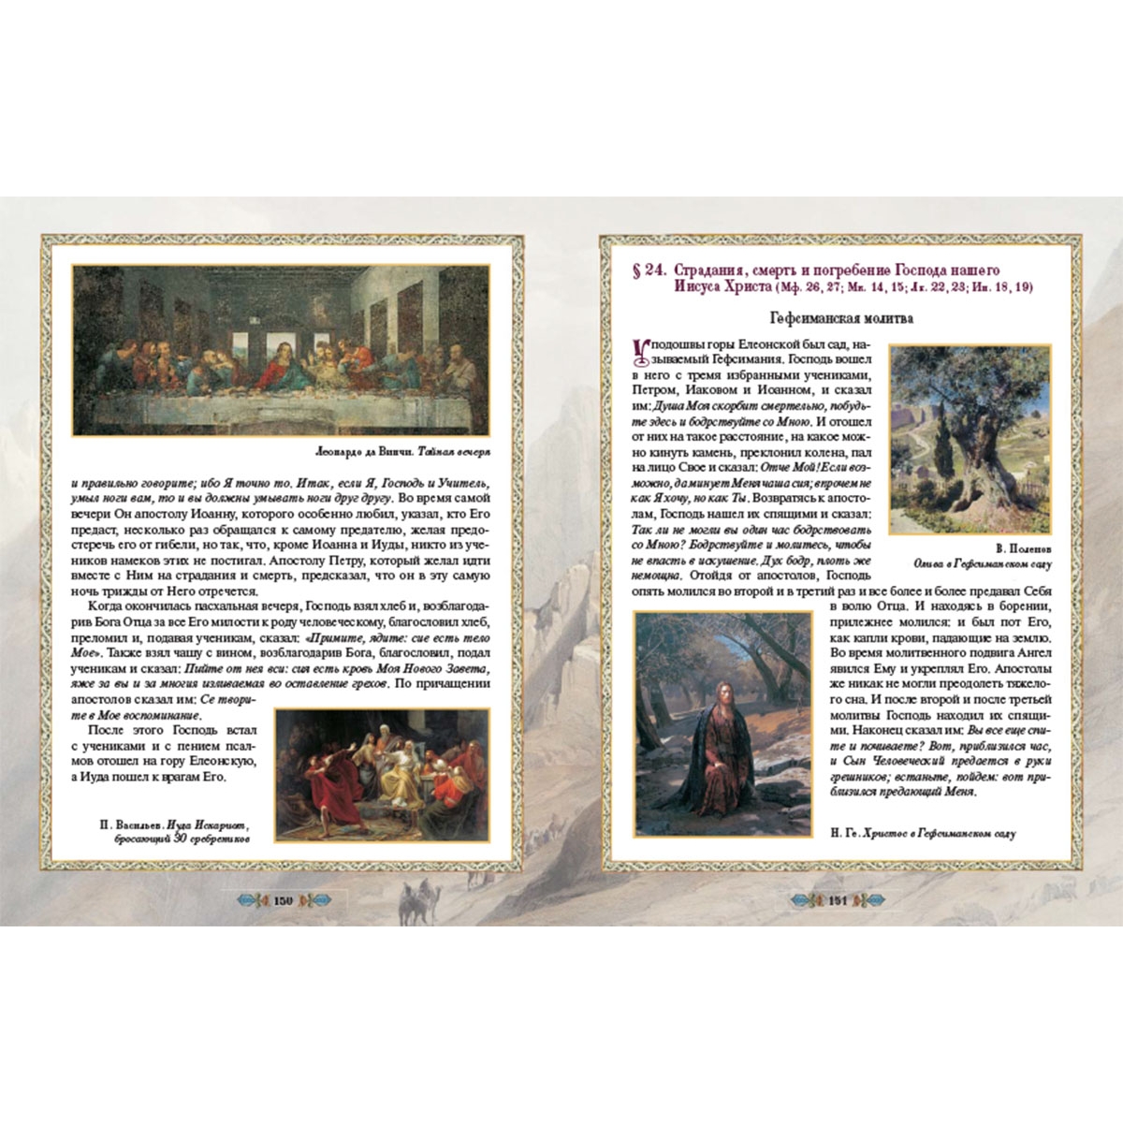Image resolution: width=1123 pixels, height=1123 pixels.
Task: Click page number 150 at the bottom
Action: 284,900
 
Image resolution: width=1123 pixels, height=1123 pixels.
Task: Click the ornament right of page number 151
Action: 872,900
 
